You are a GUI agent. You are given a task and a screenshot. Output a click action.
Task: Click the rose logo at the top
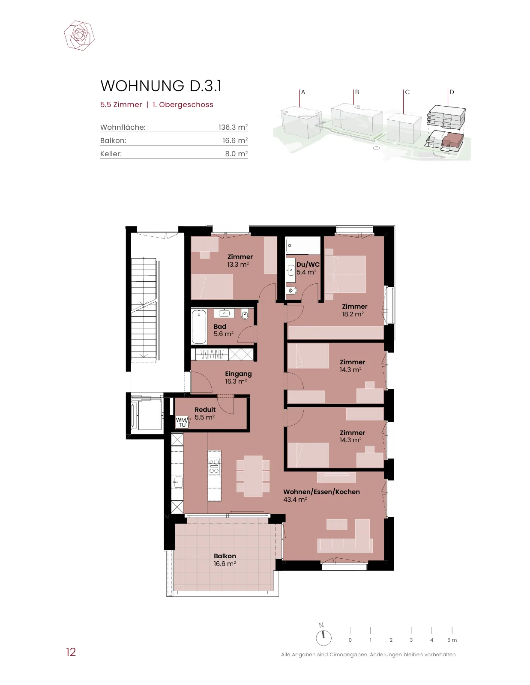[79, 35]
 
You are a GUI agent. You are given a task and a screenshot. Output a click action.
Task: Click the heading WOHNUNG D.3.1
[161, 86]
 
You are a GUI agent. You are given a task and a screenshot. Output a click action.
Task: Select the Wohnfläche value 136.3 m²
[233, 127]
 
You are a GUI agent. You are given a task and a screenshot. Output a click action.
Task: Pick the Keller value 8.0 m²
[236, 154]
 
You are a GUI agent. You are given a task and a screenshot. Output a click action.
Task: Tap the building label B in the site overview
[357, 92]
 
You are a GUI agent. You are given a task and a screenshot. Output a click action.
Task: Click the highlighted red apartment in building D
[452, 139]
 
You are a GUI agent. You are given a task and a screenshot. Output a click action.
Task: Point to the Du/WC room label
[308, 268]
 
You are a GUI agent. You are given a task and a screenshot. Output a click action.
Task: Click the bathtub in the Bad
[199, 327]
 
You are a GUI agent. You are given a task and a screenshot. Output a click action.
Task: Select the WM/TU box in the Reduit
[182, 422]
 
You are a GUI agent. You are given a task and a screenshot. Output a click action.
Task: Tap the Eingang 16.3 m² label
[238, 377]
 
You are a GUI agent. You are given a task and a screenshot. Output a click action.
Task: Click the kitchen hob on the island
[214, 466]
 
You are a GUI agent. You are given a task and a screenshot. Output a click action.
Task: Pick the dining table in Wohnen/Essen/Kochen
[253, 476]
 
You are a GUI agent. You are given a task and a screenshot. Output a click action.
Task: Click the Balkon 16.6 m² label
[225, 560]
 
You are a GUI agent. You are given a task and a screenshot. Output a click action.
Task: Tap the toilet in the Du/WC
[293, 291]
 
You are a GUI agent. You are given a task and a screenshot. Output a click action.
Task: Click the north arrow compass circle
[323, 638]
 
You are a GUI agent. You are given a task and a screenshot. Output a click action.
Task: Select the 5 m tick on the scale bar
[452, 630]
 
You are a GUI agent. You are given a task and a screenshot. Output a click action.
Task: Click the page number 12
[71, 652]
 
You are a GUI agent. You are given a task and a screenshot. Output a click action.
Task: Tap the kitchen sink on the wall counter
[178, 482]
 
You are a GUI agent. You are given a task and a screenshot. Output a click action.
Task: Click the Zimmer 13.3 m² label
[240, 260]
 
